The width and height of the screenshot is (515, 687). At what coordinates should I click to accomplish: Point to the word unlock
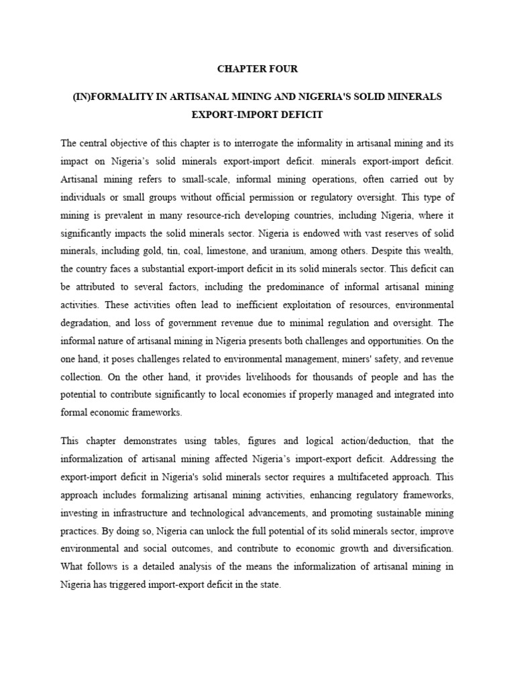181,531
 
